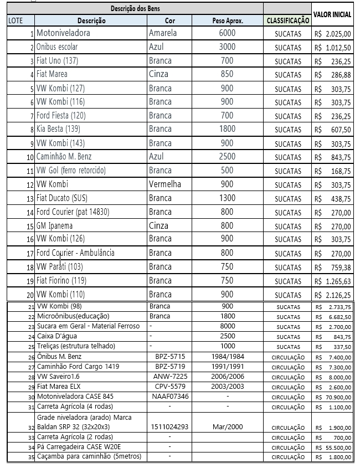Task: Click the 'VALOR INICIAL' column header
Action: point(332,15)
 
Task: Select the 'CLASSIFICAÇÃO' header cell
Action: point(288,21)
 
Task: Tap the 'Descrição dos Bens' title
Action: point(136,9)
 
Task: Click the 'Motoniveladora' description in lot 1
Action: point(63,33)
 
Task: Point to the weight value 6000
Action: point(227,33)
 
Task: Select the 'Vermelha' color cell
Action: point(165,184)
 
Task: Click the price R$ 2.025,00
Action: point(332,34)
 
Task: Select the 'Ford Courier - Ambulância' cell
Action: point(75,253)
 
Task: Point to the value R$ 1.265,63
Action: point(332,281)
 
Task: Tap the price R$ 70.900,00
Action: point(332,397)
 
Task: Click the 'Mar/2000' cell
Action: point(228,427)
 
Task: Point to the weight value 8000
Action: point(228,326)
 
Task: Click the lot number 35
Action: point(31,457)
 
